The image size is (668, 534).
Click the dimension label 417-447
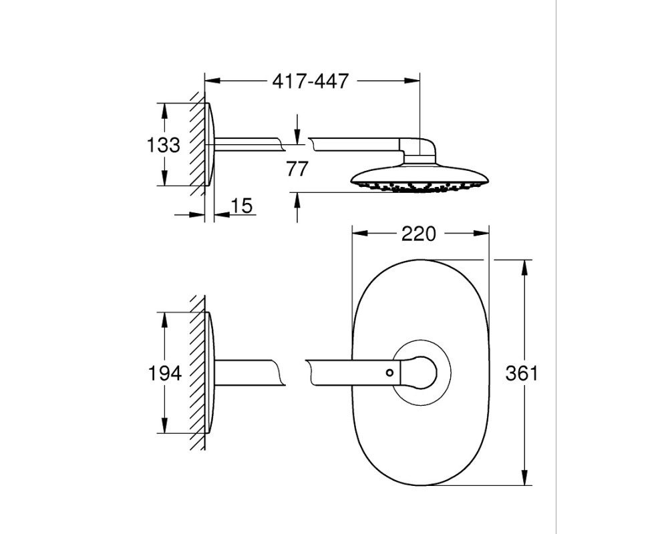(311, 81)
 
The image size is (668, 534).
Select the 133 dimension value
(163, 146)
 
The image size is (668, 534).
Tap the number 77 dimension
(297, 169)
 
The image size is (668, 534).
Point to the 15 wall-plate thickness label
(242, 206)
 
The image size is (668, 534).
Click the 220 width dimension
(419, 234)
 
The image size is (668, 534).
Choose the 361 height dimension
(522, 373)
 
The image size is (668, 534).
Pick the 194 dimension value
(164, 373)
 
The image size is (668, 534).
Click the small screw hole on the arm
(389, 372)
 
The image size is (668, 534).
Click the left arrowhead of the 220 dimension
(359, 233)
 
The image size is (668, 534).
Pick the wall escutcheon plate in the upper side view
(210, 144)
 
